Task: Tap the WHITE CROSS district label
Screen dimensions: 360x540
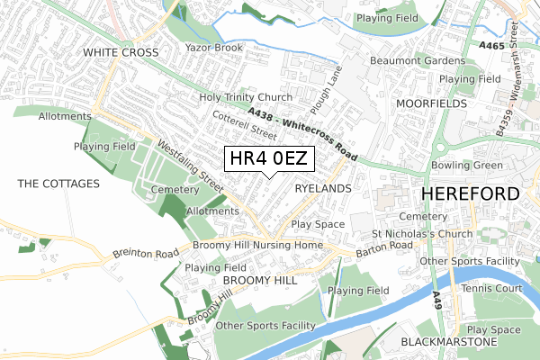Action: coord(121,53)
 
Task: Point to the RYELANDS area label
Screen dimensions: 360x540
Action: coord(321,188)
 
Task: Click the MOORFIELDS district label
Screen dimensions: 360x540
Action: coord(431,103)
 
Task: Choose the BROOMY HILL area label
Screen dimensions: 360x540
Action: coord(260,281)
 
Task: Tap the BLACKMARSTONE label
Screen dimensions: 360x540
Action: coord(448,343)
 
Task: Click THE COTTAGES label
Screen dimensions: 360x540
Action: coord(58,184)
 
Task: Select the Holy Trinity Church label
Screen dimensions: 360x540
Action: coord(246,97)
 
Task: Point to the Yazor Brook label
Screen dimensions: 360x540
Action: coord(214,47)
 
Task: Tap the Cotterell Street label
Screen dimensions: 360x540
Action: coord(245,124)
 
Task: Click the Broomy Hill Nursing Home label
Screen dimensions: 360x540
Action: coord(256,245)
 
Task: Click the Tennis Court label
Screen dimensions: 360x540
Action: coord(490,288)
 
